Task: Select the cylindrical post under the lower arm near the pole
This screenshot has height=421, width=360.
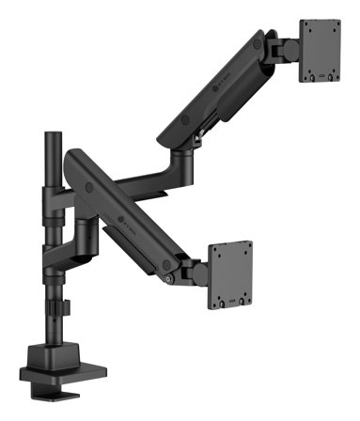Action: point(86,231)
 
